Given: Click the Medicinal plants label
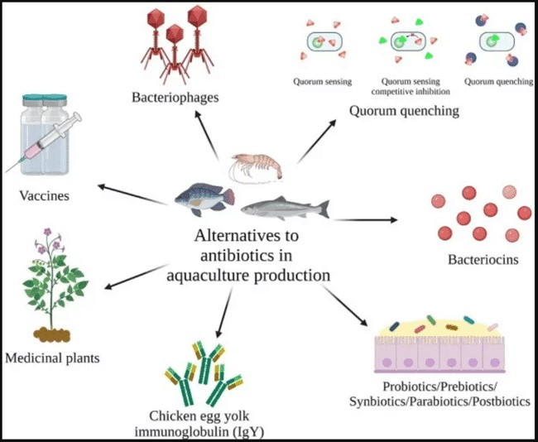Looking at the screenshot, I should [51, 358].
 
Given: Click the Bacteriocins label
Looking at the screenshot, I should [483, 261].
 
